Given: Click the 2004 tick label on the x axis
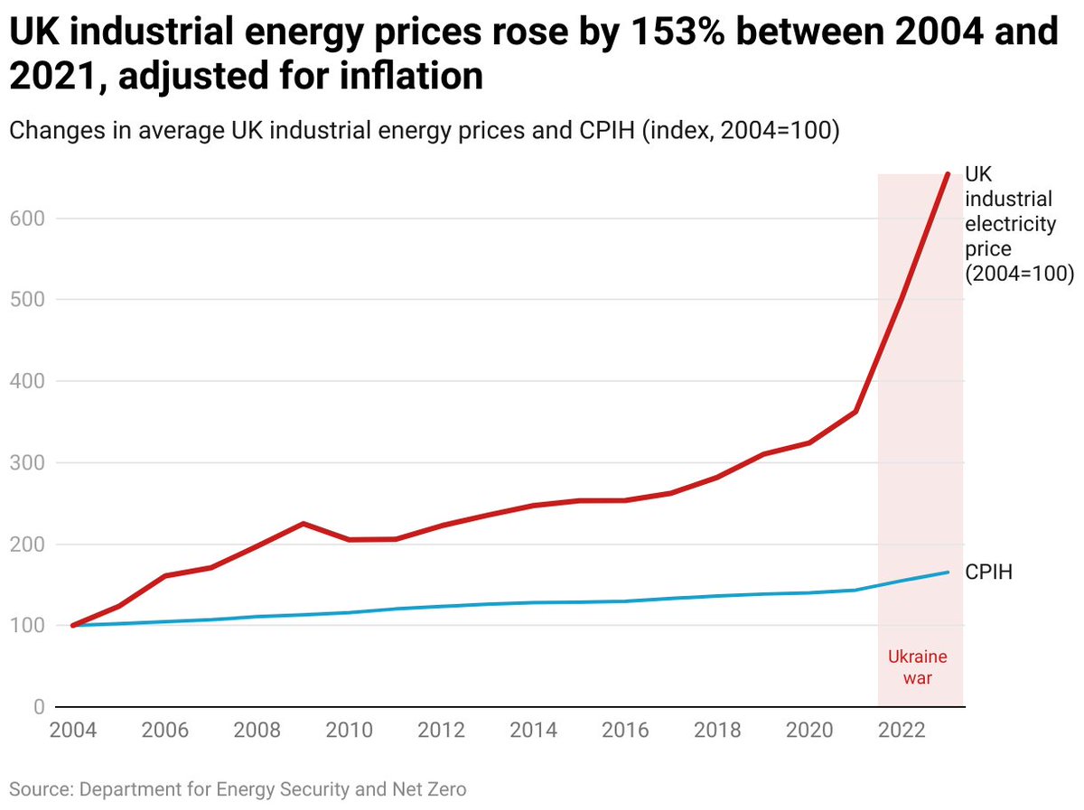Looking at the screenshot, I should pyautogui.click(x=73, y=731).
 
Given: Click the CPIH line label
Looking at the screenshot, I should pyautogui.click(x=989, y=573).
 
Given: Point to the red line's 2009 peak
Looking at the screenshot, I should pyautogui.click(x=304, y=524).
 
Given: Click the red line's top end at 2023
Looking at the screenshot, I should pyautogui.click(x=948, y=173).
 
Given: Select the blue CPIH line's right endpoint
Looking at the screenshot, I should pyautogui.click(x=948, y=572).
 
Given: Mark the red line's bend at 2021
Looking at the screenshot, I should pyautogui.click(x=855, y=412).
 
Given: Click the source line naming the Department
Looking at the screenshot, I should pyautogui.click(x=238, y=788).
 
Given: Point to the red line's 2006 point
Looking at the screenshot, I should pyautogui.click(x=165, y=575).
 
